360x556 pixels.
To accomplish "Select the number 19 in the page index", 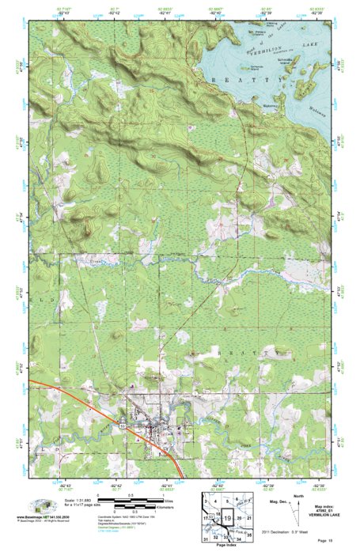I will [x=229, y=518].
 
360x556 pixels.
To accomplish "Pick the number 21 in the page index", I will [x=249, y=518].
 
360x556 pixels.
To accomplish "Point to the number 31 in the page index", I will [x=205, y=538].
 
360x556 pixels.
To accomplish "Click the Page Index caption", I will [x=227, y=547].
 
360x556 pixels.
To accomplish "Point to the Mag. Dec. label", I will [x=278, y=502].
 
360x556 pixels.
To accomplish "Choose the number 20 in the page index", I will [x=240, y=518].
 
